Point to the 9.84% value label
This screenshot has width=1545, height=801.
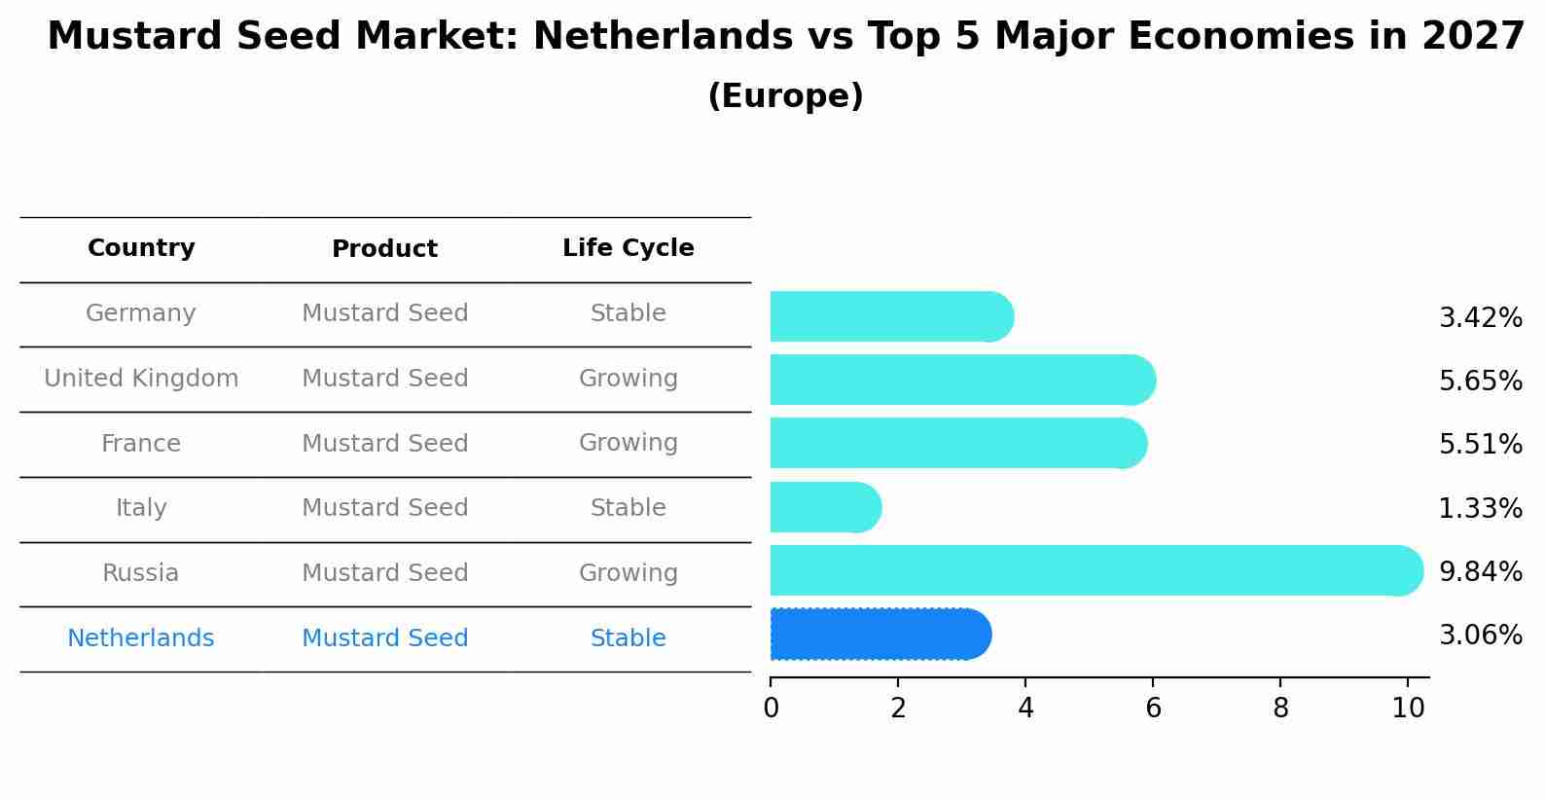[x=1480, y=571]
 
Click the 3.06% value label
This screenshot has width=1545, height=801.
[x=1480, y=636]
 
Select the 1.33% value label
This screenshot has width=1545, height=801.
[x=1480, y=508]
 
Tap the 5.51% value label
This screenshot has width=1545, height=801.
[x=1480, y=444]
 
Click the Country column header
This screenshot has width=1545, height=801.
[x=141, y=248]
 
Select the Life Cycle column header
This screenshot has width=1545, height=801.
[x=628, y=248]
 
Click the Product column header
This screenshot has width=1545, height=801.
[x=384, y=249]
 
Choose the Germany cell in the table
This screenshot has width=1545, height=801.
[x=141, y=313]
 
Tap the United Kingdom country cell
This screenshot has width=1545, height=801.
[x=141, y=379]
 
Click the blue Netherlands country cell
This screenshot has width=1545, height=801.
[x=141, y=638]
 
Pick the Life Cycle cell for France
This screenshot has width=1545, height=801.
[x=628, y=443]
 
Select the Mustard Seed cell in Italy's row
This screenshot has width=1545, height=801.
[x=384, y=508]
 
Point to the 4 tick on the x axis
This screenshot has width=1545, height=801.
[x=1025, y=708]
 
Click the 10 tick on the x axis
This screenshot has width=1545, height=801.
[x=1408, y=708]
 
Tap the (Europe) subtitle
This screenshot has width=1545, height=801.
[x=785, y=96]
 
